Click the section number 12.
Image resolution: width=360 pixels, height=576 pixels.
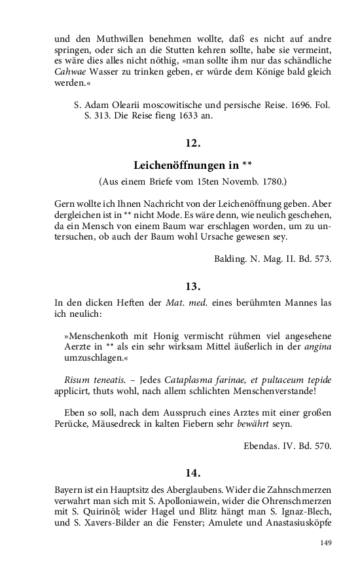pyautogui.click(x=192, y=143)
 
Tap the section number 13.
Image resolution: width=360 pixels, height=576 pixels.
pyautogui.click(x=192, y=286)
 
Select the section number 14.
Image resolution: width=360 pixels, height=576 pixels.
pyautogui.click(x=192, y=473)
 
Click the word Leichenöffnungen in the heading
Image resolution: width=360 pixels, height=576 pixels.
pyautogui.click(x=185, y=165)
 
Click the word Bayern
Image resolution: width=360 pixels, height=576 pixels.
pyautogui.click(x=69, y=489)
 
